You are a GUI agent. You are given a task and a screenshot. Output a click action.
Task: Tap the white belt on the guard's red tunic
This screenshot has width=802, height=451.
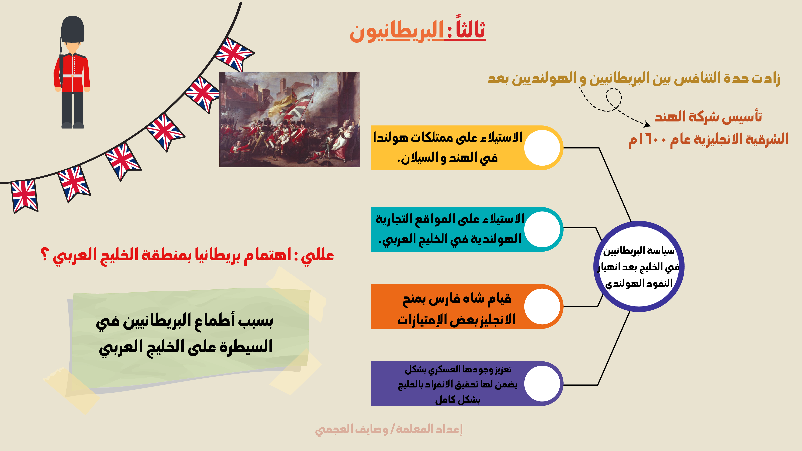[x=72, y=76]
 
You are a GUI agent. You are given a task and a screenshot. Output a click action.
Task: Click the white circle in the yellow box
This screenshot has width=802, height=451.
[x=542, y=148]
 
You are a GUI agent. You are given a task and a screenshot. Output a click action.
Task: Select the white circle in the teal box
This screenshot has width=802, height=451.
[x=542, y=229]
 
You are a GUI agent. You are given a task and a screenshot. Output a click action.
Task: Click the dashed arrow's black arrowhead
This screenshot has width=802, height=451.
[x=647, y=124]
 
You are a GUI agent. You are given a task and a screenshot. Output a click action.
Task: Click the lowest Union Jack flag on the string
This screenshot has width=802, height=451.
[x=24, y=196]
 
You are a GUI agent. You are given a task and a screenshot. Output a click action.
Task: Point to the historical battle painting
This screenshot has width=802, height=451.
[x=289, y=120]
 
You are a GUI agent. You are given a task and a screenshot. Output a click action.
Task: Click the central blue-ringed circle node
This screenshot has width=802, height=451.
[x=639, y=266]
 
